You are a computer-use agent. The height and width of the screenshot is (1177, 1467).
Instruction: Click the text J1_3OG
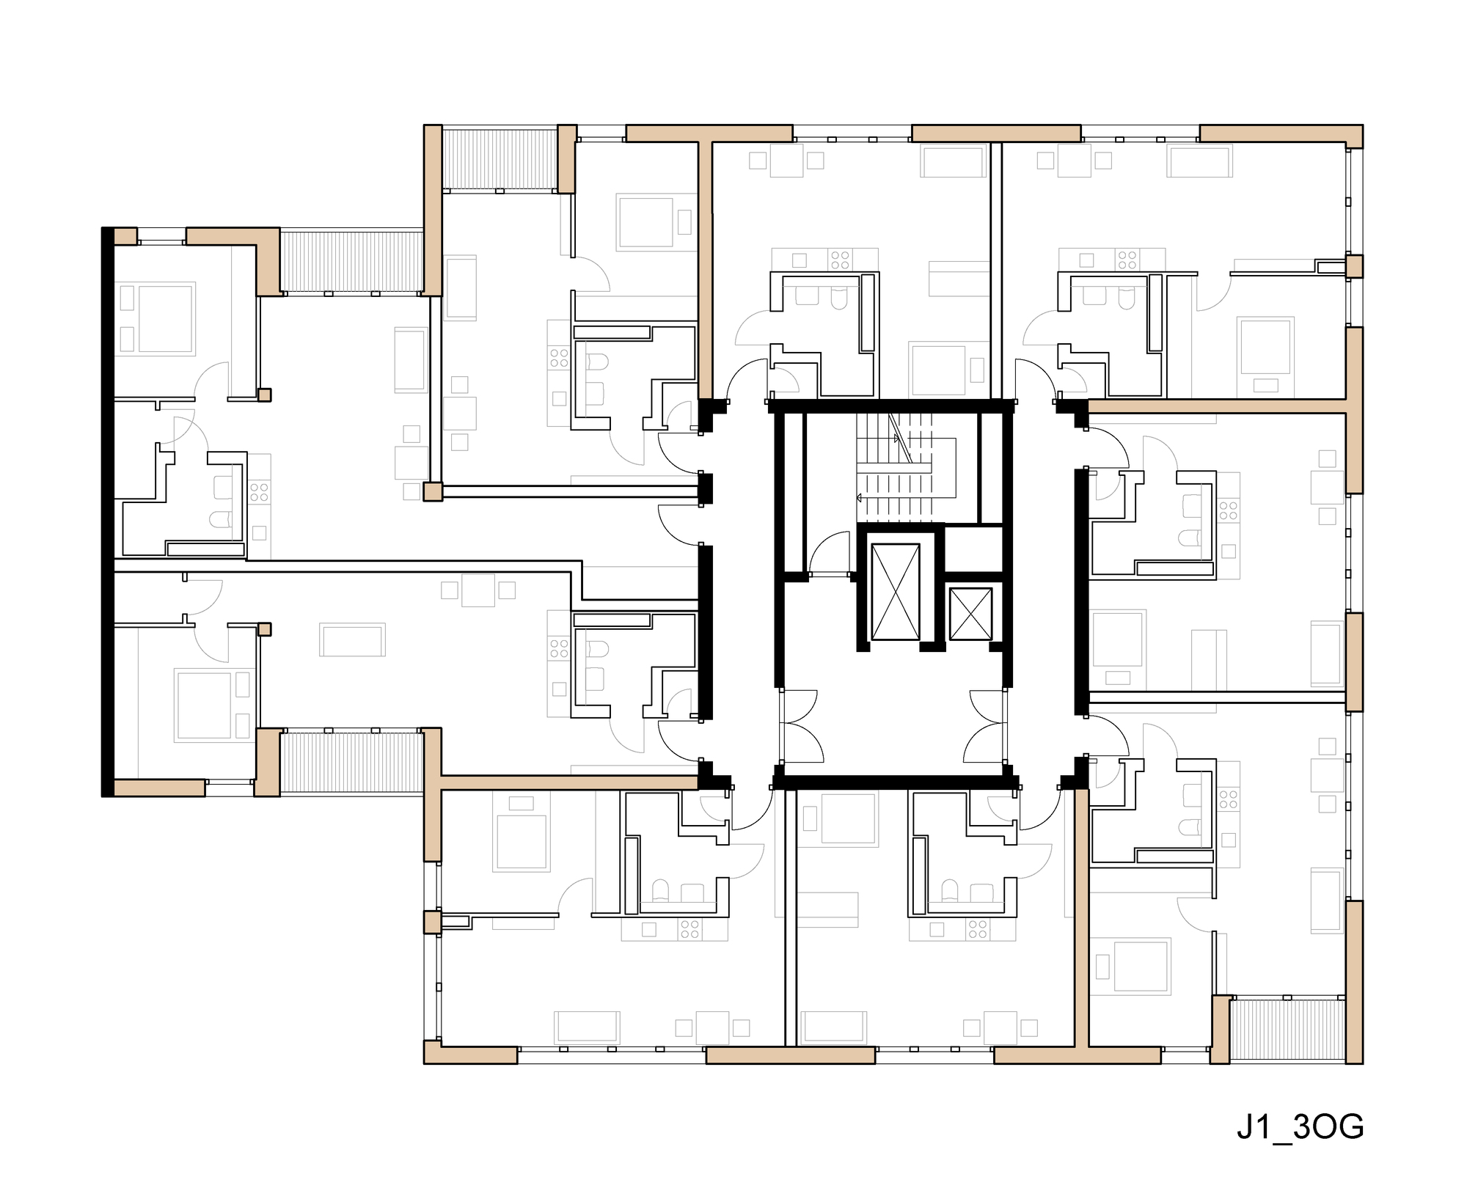click(1300, 1128)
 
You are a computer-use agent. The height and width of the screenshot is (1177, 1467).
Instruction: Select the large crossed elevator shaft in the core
click(894, 591)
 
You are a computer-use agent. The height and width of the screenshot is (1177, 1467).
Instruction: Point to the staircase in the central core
click(907, 468)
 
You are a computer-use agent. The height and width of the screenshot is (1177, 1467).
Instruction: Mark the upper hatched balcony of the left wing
click(352, 261)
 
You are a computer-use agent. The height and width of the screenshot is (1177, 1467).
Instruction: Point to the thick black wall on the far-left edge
click(107, 512)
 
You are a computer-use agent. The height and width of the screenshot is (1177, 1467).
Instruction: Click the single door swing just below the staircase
click(830, 556)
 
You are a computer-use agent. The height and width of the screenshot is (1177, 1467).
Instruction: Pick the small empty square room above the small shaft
click(973, 548)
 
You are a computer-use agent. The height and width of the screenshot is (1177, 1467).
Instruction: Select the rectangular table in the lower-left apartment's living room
click(352, 639)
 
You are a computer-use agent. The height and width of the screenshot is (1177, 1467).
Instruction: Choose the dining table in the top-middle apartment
click(786, 161)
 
